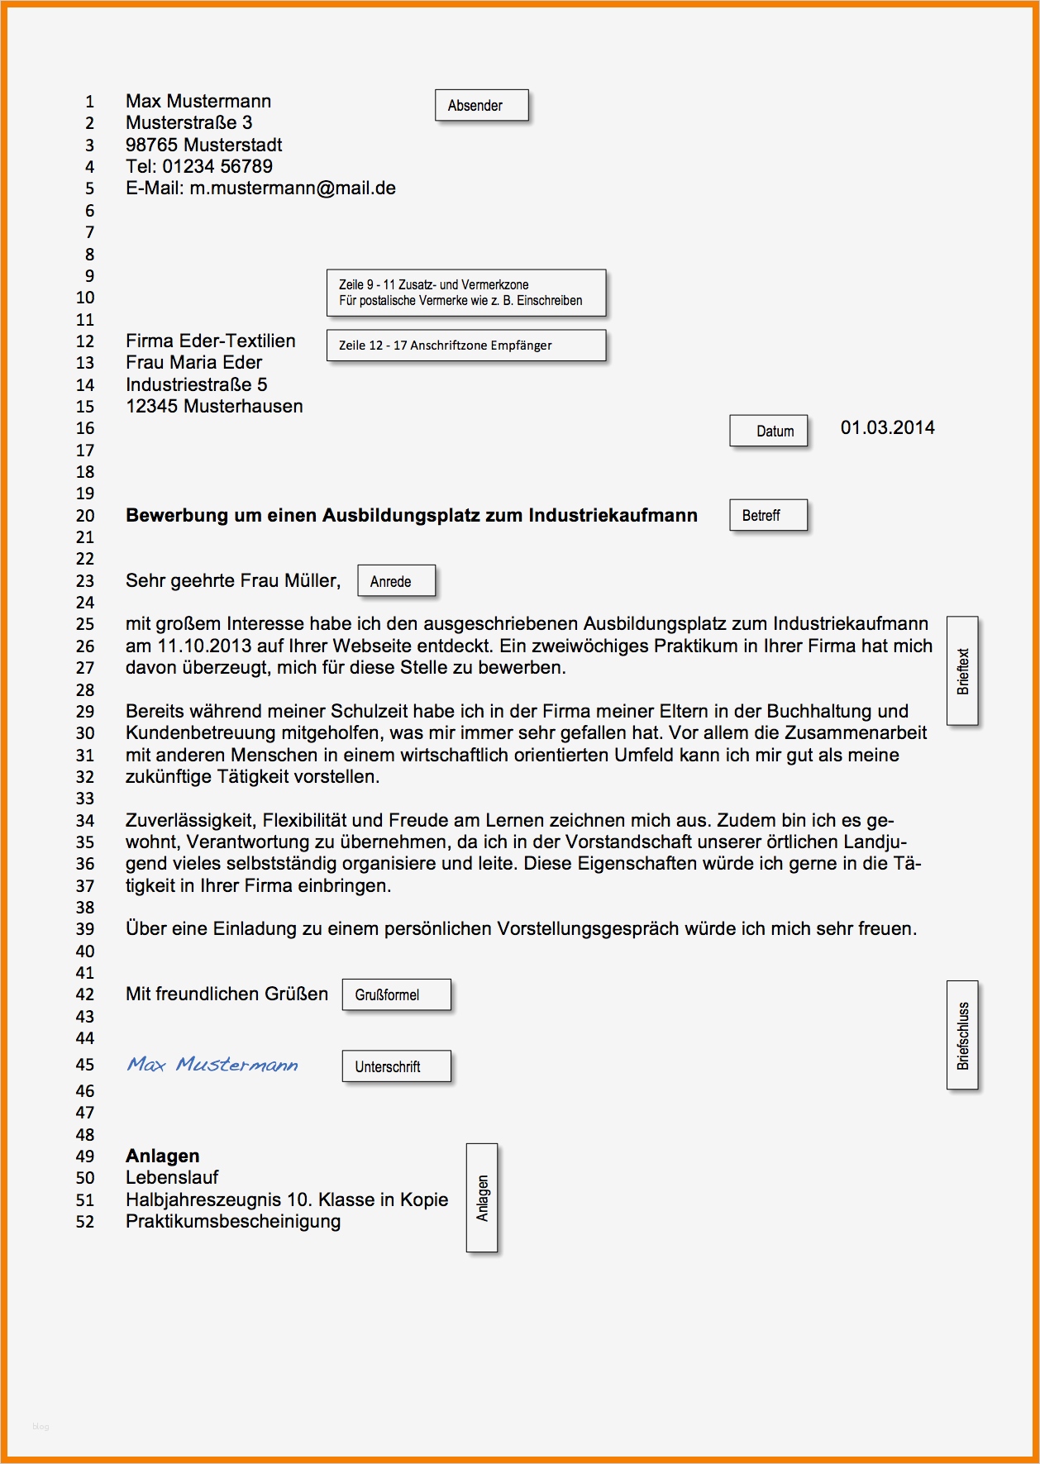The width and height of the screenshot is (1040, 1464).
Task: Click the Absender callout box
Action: (481, 106)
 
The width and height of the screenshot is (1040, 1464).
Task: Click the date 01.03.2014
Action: (887, 428)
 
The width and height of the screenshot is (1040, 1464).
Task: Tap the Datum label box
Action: (768, 431)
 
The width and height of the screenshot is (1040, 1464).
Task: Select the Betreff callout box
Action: (768, 516)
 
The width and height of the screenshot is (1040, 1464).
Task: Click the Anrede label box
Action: (396, 581)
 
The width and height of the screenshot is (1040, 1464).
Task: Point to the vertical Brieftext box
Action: (961, 670)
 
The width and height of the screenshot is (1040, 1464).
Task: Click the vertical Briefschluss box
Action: (961, 1035)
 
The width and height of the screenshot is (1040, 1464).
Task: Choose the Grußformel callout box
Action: (396, 994)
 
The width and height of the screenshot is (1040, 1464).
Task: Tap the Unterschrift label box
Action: (396, 1066)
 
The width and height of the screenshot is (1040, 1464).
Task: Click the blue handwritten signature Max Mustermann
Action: (212, 1065)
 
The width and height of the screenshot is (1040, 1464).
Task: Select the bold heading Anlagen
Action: (162, 1156)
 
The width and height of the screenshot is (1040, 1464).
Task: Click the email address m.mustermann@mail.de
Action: (293, 188)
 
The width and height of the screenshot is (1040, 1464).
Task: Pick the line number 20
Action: (85, 516)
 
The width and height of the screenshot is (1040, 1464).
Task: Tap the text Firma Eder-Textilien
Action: (210, 341)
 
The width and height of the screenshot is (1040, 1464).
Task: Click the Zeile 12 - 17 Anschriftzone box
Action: (466, 346)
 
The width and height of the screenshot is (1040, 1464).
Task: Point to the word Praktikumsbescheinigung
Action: (233, 1222)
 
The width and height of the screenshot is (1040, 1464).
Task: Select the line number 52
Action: (85, 1222)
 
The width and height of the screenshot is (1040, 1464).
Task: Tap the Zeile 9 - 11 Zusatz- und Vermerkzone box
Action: (466, 293)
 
